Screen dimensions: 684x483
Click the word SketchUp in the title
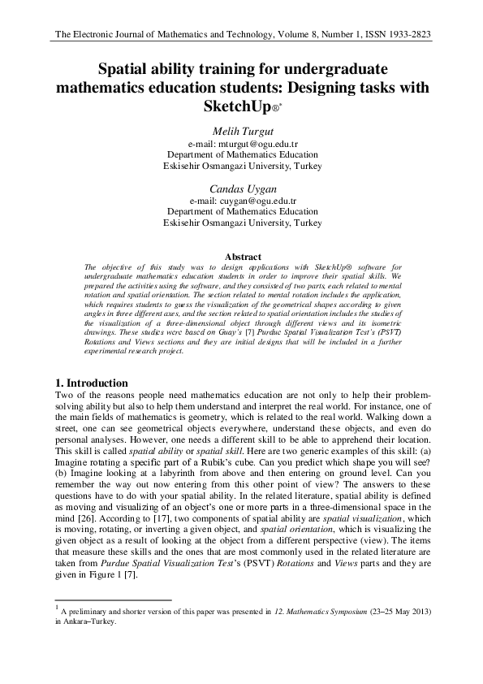click(235, 106)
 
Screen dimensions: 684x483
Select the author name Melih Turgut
click(242, 129)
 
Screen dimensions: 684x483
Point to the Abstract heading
click(242, 258)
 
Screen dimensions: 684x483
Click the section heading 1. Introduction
click(91, 383)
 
